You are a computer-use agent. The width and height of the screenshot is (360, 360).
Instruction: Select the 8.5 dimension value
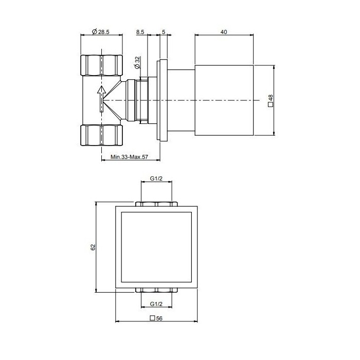coord(140,32)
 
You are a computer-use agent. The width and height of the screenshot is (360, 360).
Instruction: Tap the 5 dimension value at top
coord(163,32)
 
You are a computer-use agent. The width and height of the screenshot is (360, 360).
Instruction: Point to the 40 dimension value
coord(224,32)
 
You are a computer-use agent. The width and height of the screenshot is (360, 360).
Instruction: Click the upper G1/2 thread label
coord(157,178)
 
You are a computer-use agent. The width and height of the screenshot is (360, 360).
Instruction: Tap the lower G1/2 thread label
coord(157,303)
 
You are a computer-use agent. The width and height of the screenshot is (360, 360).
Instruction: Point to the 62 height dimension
coord(93,247)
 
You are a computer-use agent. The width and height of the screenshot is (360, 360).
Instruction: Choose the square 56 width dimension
coord(156,318)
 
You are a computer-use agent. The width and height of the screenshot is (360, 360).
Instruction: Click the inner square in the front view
coord(156,247)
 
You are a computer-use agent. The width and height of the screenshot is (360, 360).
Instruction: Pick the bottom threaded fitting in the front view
coord(157,290)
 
